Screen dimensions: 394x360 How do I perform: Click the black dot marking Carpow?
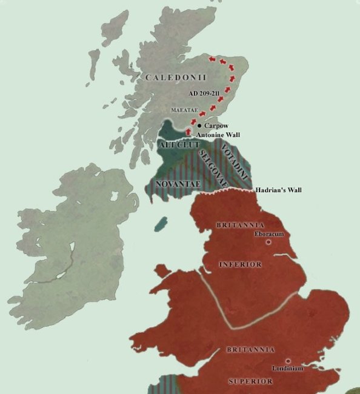pos(199,125)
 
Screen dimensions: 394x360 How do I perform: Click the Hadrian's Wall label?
pos(279,190)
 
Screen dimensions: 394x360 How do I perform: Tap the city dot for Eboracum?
pos(268,242)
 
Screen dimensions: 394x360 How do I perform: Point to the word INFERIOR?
pos(240,264)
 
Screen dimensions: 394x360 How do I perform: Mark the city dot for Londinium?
pos(288,361)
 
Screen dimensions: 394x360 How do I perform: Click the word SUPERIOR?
pos(250,381)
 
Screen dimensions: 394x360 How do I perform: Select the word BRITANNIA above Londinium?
pos(250,350)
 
